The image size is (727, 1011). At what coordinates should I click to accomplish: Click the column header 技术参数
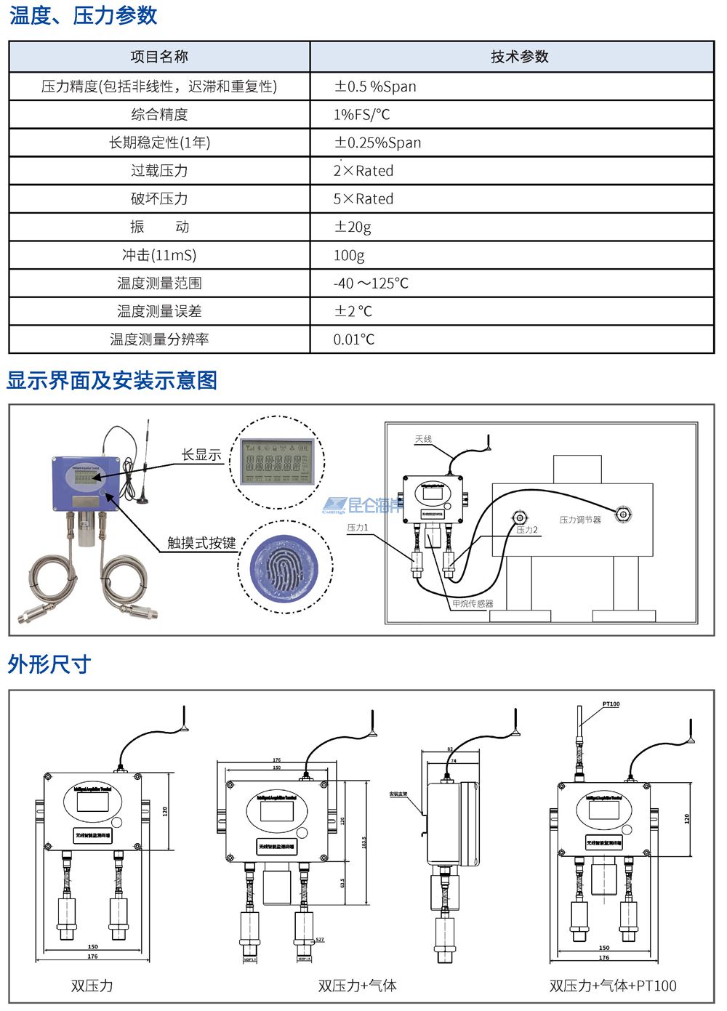pos(519,57)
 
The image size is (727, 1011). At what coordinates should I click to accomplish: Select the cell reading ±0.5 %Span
pos(375,86)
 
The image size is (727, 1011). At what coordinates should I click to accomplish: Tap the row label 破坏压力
pos(159,199)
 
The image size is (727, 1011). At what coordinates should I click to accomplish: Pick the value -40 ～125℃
pos(371,283)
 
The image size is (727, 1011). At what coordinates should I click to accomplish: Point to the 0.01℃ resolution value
pos(354,339)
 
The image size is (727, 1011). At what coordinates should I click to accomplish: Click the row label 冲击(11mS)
pos(159,255)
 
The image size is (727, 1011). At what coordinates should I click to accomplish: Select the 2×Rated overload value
pos(363,171)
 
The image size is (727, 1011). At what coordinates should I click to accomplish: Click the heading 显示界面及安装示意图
pos(112,380)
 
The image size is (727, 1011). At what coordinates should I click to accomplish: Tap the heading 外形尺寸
pos(49,664)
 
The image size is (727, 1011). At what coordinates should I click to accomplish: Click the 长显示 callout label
pos(201,455)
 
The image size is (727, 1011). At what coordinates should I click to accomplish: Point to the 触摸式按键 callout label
pos(201,543)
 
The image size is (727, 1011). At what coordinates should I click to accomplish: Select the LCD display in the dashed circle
pos(280,462)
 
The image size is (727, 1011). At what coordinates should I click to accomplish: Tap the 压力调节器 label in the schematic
pos(580,520)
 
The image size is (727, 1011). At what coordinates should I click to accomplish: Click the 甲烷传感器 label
pos(473,603)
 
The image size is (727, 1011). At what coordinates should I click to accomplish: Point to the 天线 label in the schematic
pos(423,439)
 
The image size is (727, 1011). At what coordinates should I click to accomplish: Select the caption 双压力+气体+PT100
pos(613,986)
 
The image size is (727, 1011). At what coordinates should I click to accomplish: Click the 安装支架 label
pos(398,794)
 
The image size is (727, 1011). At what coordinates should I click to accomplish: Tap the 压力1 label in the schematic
pos(358,528)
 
